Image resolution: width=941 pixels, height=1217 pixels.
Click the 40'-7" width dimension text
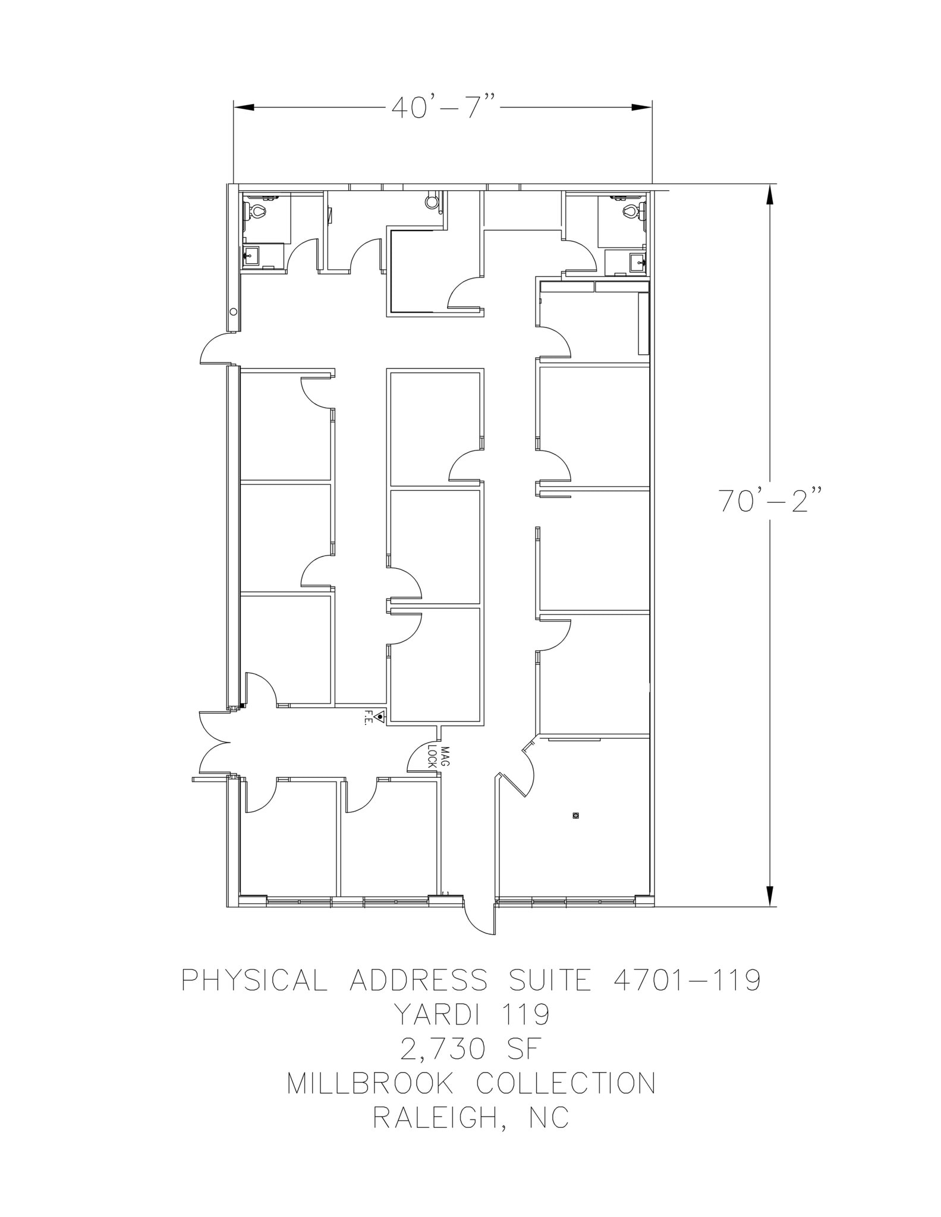click(x=444, y=107)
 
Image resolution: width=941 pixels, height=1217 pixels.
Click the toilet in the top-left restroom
click(x=257, y=210)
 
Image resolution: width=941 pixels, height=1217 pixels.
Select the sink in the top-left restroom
click(x=250, y=256)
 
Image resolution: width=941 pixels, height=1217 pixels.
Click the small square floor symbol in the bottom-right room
click(x=575, y=815)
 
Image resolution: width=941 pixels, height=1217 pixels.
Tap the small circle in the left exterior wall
click(x=234, y=312)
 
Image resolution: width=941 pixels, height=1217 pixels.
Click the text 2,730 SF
click(x=470, y=1049)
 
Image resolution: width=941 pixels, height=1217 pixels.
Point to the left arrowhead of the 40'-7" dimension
click(x=244, y=107)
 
